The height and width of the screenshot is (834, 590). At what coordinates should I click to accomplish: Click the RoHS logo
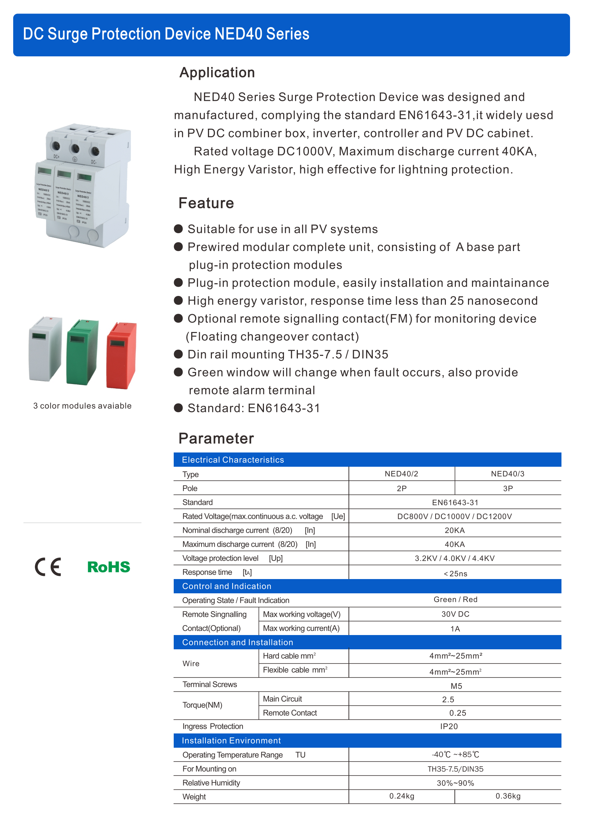tap(109, 567)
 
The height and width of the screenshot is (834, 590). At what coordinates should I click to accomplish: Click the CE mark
tap(48, 567)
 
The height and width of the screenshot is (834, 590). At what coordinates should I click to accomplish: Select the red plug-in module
tap(121, 355)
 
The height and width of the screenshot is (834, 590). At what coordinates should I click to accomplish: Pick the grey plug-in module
tap(45, 349)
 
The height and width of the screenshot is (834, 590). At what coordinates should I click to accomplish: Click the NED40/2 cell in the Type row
tap(401, 474)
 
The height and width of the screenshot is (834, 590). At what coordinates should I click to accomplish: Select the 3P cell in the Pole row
tap(508, 488)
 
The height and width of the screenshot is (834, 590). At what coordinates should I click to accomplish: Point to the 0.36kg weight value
tap(508, 796)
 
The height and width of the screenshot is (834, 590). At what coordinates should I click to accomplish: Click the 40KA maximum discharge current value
tap(454, 544)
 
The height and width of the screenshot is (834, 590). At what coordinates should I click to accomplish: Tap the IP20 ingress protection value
tap(449, 726)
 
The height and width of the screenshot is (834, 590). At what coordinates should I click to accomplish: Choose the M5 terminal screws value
tap(456, 686)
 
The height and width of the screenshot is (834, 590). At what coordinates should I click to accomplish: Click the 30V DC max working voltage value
tap(455, 614)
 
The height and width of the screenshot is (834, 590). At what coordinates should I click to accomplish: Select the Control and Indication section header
tap(227, 586)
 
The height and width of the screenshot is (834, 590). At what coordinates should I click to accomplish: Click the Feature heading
tap(206, 203)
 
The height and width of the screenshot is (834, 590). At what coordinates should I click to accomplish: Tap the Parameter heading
tap(216, 439)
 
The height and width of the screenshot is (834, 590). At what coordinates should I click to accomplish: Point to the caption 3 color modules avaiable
tap(82, 406)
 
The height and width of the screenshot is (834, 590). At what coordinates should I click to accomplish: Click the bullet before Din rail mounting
tap(178, 354)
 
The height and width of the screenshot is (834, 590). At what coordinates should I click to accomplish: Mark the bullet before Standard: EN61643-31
tap(178, 408)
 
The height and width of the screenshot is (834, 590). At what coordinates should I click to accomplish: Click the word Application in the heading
tap(217, 73)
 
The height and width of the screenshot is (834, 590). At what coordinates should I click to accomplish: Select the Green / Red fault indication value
tap(455, 599)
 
